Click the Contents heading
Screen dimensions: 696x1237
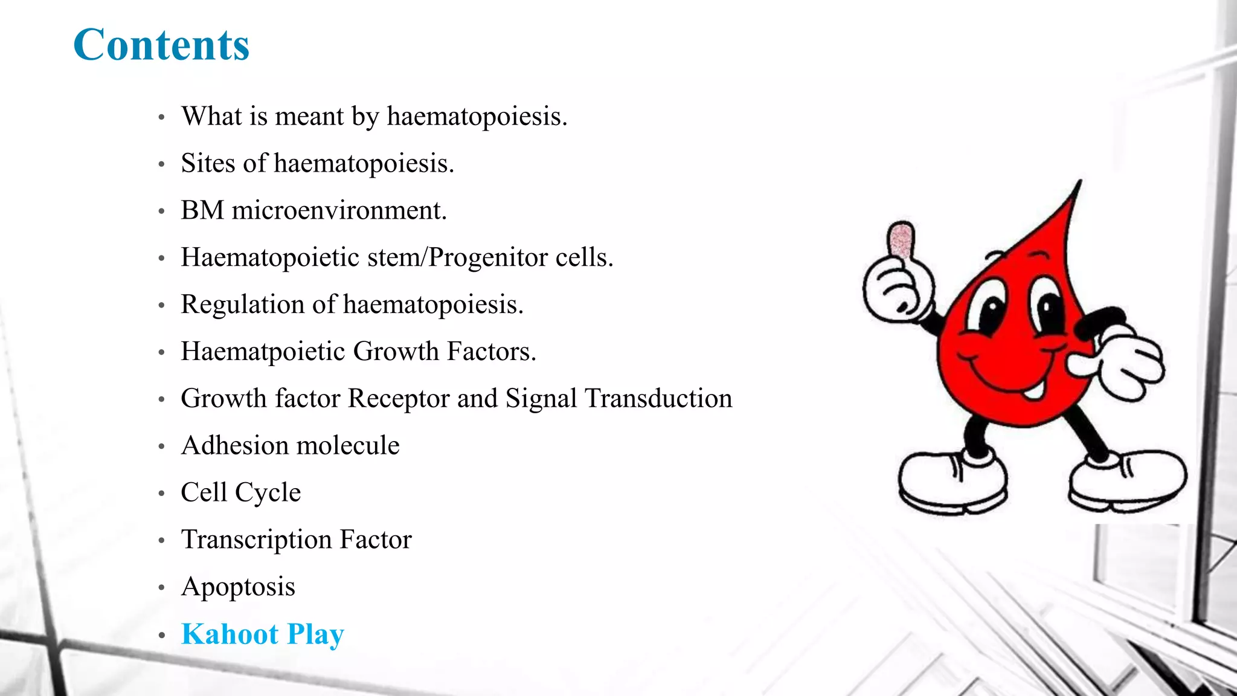point(161,45)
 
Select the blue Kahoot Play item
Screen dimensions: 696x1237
point(262,634)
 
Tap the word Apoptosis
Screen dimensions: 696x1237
point(238,587)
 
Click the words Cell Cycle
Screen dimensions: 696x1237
point(240,492)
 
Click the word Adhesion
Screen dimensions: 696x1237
point(235,445)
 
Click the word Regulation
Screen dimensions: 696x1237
point(242,304)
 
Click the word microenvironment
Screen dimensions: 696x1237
point(339,210)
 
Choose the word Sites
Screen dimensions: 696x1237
point(208,163)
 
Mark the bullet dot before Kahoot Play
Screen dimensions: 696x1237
point(161,636)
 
